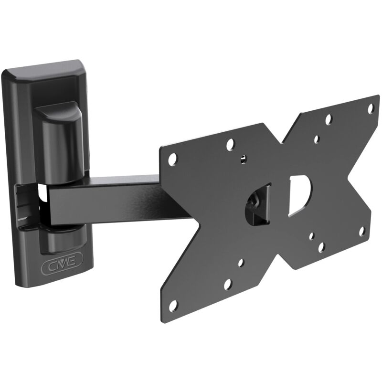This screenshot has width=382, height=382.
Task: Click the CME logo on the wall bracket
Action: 62,264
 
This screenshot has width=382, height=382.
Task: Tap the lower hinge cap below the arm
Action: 62,240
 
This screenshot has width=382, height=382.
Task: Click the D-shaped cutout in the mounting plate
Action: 300,195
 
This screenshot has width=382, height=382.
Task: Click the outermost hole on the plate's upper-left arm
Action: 172,159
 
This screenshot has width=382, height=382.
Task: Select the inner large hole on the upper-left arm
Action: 230,145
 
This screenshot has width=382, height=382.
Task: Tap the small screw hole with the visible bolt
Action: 243,159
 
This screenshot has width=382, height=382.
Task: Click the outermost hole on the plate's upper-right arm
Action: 371,108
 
